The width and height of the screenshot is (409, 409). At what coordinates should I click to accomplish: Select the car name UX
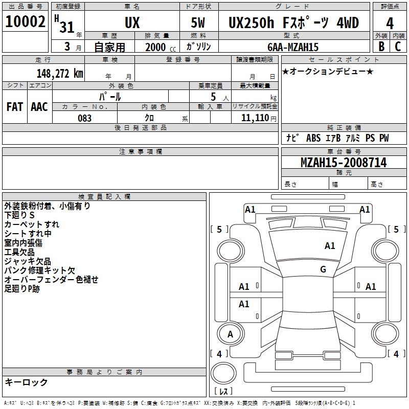132,22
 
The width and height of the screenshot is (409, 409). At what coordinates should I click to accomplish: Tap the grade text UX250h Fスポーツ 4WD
293,22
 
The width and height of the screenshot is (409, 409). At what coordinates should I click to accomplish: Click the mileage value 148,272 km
60,73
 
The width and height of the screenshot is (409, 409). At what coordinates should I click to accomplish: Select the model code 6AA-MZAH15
293,47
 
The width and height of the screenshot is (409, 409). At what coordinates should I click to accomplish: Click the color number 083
85,118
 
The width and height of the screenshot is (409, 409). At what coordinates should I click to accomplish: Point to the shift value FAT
14,107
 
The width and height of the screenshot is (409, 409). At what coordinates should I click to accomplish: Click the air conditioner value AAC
39,107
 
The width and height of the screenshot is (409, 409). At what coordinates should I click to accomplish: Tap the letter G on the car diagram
323,269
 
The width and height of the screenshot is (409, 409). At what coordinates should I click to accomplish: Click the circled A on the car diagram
230,334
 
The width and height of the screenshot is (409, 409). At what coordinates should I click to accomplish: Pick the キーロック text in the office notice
26,382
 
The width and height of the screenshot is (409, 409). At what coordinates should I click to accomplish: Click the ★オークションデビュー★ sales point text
328,71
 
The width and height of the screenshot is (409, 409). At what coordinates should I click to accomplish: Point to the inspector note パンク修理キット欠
39,270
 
